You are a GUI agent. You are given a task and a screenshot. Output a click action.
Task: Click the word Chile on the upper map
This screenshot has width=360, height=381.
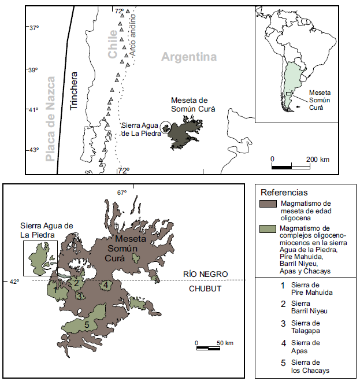click(x=113, y=43)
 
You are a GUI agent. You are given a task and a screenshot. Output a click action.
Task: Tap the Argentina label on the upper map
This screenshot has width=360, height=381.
click(x=188, y=57)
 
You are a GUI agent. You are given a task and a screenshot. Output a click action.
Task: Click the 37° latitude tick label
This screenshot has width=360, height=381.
click(x=34, y=28)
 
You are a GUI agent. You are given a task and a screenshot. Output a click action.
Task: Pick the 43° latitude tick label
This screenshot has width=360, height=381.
click(x=34, y=150)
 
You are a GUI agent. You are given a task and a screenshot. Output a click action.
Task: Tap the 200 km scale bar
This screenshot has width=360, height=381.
click(x=291, y=167)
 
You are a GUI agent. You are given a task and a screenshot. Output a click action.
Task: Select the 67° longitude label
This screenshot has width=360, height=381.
click(x=121, y=193)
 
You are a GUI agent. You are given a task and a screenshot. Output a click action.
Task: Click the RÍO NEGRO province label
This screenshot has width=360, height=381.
click(x=206, y=273)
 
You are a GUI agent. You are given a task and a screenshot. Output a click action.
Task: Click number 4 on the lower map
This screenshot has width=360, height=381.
click(x=106, y=284)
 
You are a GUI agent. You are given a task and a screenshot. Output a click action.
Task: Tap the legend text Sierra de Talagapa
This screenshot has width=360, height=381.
click(x=303, y=327)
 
